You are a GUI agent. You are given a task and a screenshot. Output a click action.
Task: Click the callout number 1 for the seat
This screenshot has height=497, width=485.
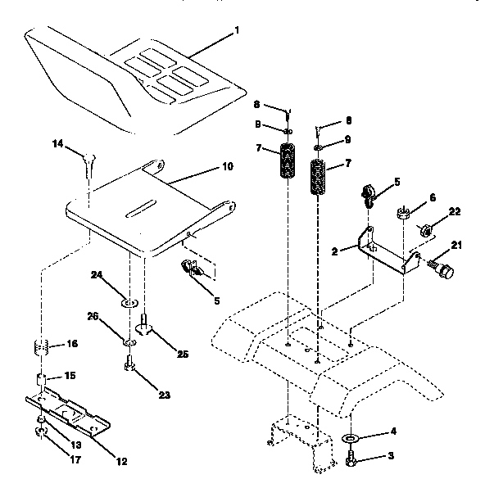click(x=236, y=31)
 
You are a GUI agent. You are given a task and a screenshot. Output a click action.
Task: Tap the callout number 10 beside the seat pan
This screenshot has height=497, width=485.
click(x=227, y=166)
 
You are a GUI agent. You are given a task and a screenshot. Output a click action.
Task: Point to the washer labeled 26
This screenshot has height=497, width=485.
click(x=129, y=340)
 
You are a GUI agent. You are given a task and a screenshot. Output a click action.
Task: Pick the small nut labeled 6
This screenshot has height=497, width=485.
click(x=402, y=215)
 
